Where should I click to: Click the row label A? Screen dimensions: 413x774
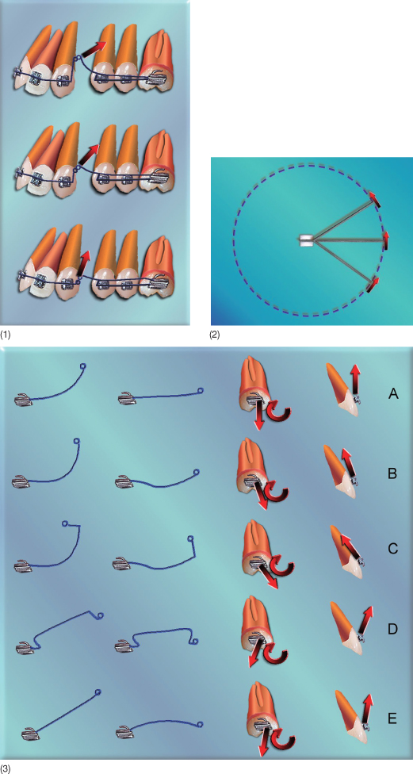tap(393, 393)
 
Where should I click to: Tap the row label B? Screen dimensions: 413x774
tap(392, 474)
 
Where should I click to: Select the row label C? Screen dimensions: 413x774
tap(392, 549)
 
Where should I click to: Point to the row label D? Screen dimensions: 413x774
tap(393, 630)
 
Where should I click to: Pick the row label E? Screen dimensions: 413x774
tap(392, 718)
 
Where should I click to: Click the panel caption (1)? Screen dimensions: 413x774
tap(6, 335)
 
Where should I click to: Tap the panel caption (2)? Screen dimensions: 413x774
tap(215, 335)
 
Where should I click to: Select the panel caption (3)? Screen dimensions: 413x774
tap(6, 769)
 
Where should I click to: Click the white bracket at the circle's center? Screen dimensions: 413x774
tap(306, 240)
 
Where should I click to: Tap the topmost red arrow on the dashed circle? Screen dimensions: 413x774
tap(376, 198)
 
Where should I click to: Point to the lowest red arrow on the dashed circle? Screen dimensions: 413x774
tap(374, 285)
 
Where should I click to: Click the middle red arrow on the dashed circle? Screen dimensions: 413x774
tap(386, 240)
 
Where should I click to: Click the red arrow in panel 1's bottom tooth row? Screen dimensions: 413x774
tap(84, 263)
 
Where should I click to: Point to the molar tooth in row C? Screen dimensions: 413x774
tap(255, 550)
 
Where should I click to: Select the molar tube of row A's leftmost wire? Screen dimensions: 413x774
tap(24, 400)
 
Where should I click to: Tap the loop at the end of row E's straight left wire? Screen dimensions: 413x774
tap(98, 692)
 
